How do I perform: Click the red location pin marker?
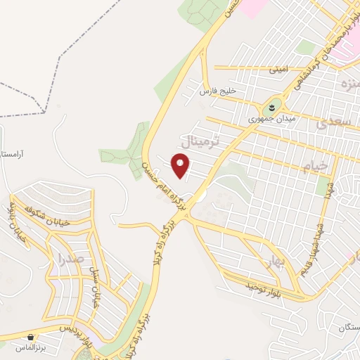181,167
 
